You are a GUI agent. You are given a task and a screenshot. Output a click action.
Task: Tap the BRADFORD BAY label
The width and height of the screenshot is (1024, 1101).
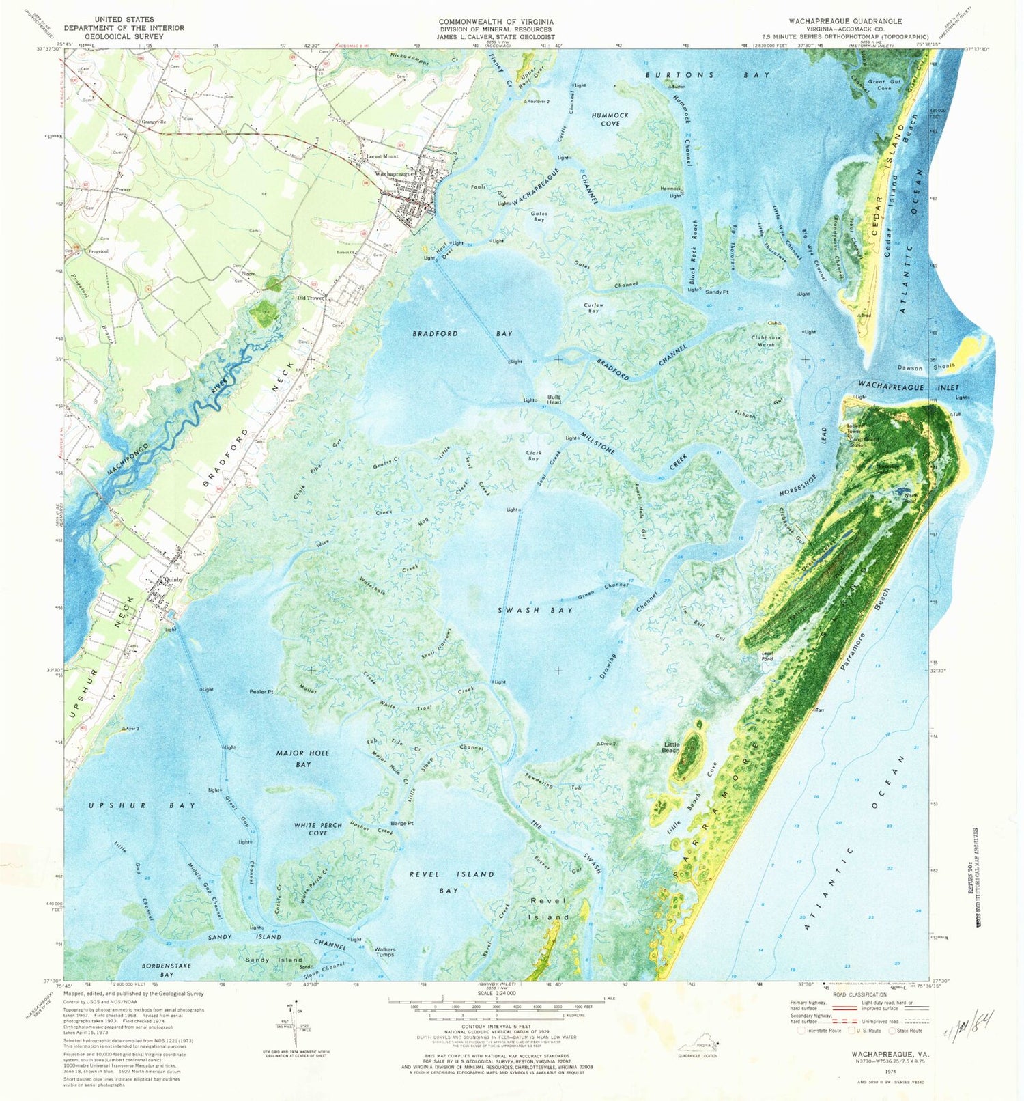pos(462,333)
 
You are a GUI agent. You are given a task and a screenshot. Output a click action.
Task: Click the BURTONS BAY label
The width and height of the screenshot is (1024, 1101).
pos(707,75)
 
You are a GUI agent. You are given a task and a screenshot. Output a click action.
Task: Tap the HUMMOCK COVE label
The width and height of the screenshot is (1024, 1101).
pos(610,120)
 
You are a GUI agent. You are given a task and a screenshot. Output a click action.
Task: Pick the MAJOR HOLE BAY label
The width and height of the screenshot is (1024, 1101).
pos(303,758)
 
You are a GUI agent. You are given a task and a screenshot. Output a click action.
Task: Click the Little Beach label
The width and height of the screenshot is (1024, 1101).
pos(671,747)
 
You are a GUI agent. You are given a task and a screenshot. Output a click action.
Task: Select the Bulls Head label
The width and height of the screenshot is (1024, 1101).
pos(554,400)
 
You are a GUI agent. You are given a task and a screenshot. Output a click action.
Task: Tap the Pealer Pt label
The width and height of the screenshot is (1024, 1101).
pos(261,692)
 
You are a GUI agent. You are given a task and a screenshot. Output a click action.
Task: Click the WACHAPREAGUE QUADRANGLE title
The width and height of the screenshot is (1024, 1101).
pos(844,21)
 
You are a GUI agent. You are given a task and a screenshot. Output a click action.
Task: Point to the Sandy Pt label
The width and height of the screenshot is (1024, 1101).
pos(717,292)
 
